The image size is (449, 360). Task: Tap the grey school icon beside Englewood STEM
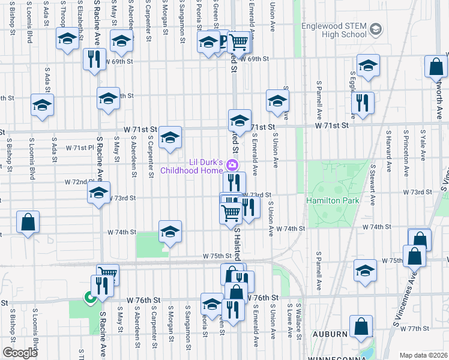coord(376,29)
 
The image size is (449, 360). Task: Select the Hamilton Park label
coord(332,200)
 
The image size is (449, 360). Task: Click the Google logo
coord(20,352)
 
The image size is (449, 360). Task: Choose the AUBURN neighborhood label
coord(329,334)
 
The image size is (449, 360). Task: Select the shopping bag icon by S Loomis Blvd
coord(28,223)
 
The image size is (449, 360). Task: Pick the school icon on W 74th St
coord(170,232)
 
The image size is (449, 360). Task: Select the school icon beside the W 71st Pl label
coord(170,139)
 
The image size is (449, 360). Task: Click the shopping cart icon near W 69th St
coord(239,42)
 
